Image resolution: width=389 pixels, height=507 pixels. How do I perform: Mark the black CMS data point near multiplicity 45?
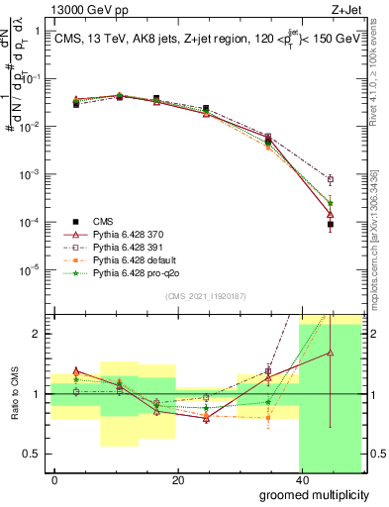330,225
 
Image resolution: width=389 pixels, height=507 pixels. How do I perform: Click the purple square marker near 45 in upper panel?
330,179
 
